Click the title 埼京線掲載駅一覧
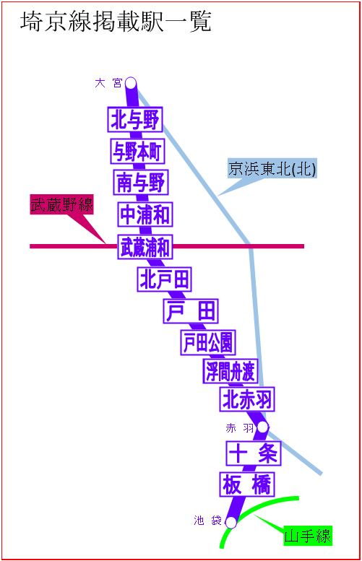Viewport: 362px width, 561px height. point(116,22)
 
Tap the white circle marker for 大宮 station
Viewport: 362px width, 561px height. point(131,83)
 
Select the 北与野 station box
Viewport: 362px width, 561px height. point(135,120)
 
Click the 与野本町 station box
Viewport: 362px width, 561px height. point(137,151)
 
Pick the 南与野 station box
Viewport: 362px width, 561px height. point(141,183)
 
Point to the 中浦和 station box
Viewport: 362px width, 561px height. point(145,214)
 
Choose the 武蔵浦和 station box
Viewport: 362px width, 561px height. point(145,247)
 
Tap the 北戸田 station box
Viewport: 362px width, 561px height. point(164,279)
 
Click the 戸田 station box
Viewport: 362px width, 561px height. point(191,311)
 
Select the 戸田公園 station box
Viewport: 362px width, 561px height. point(208,342)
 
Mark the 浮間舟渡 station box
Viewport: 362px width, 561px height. point(230,371)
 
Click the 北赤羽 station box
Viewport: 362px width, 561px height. point(247,399)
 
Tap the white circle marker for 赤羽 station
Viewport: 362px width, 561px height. point(262,427)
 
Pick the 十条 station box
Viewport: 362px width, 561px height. point(254,453)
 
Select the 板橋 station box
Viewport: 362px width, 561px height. point(247,484)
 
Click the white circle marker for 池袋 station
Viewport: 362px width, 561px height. point(231,523)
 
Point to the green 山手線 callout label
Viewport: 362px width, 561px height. point(308,536)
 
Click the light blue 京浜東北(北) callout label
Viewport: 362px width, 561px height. point(272,168)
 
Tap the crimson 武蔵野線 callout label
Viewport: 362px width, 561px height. point(61,204)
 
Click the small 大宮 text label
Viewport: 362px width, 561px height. point(108,83)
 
